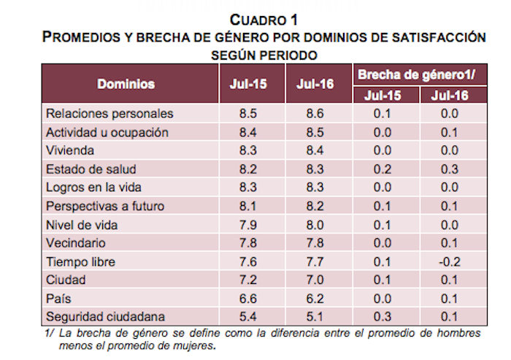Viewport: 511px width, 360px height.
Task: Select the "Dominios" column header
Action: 127,84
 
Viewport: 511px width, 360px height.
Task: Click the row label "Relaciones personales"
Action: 109,114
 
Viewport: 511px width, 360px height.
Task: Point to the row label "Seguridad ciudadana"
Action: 104,317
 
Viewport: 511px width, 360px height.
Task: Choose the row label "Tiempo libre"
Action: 80,261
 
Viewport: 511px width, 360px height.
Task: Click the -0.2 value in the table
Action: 449,261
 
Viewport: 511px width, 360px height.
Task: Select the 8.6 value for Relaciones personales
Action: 315,114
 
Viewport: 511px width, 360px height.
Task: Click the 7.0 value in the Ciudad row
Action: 315,280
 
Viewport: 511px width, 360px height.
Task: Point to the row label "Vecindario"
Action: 75,243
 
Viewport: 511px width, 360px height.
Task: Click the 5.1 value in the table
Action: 315,317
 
